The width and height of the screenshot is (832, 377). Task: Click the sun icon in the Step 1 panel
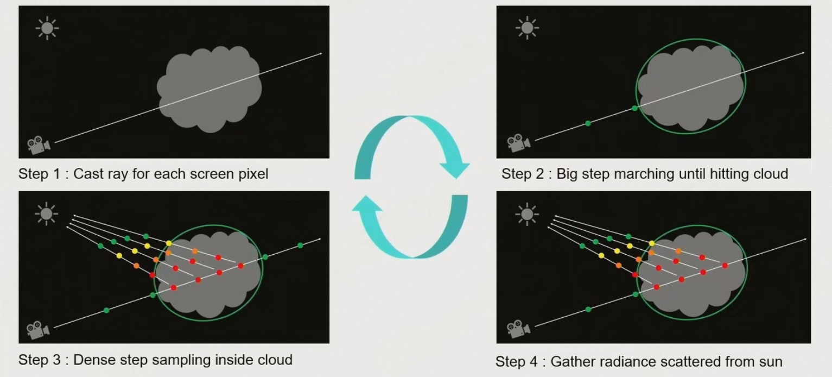click(47, 28)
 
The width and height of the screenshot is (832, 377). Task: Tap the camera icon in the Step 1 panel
click(39, 145)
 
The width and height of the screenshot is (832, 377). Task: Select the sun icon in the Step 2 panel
click(526, 28)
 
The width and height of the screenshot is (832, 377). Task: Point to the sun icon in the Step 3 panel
click(47, 213)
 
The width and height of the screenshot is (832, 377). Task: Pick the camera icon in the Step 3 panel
click(39, 329)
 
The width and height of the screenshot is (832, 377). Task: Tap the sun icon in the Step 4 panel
click(526, 213)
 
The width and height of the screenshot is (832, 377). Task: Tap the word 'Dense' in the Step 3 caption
click(90, 360)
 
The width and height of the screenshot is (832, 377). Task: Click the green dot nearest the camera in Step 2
click(588, 123)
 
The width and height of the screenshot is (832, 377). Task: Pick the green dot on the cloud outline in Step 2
click(634, 108)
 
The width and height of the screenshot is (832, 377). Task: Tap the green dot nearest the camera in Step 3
click(106, 310)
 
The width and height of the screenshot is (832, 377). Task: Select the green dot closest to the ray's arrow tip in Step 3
click(300, 246)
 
